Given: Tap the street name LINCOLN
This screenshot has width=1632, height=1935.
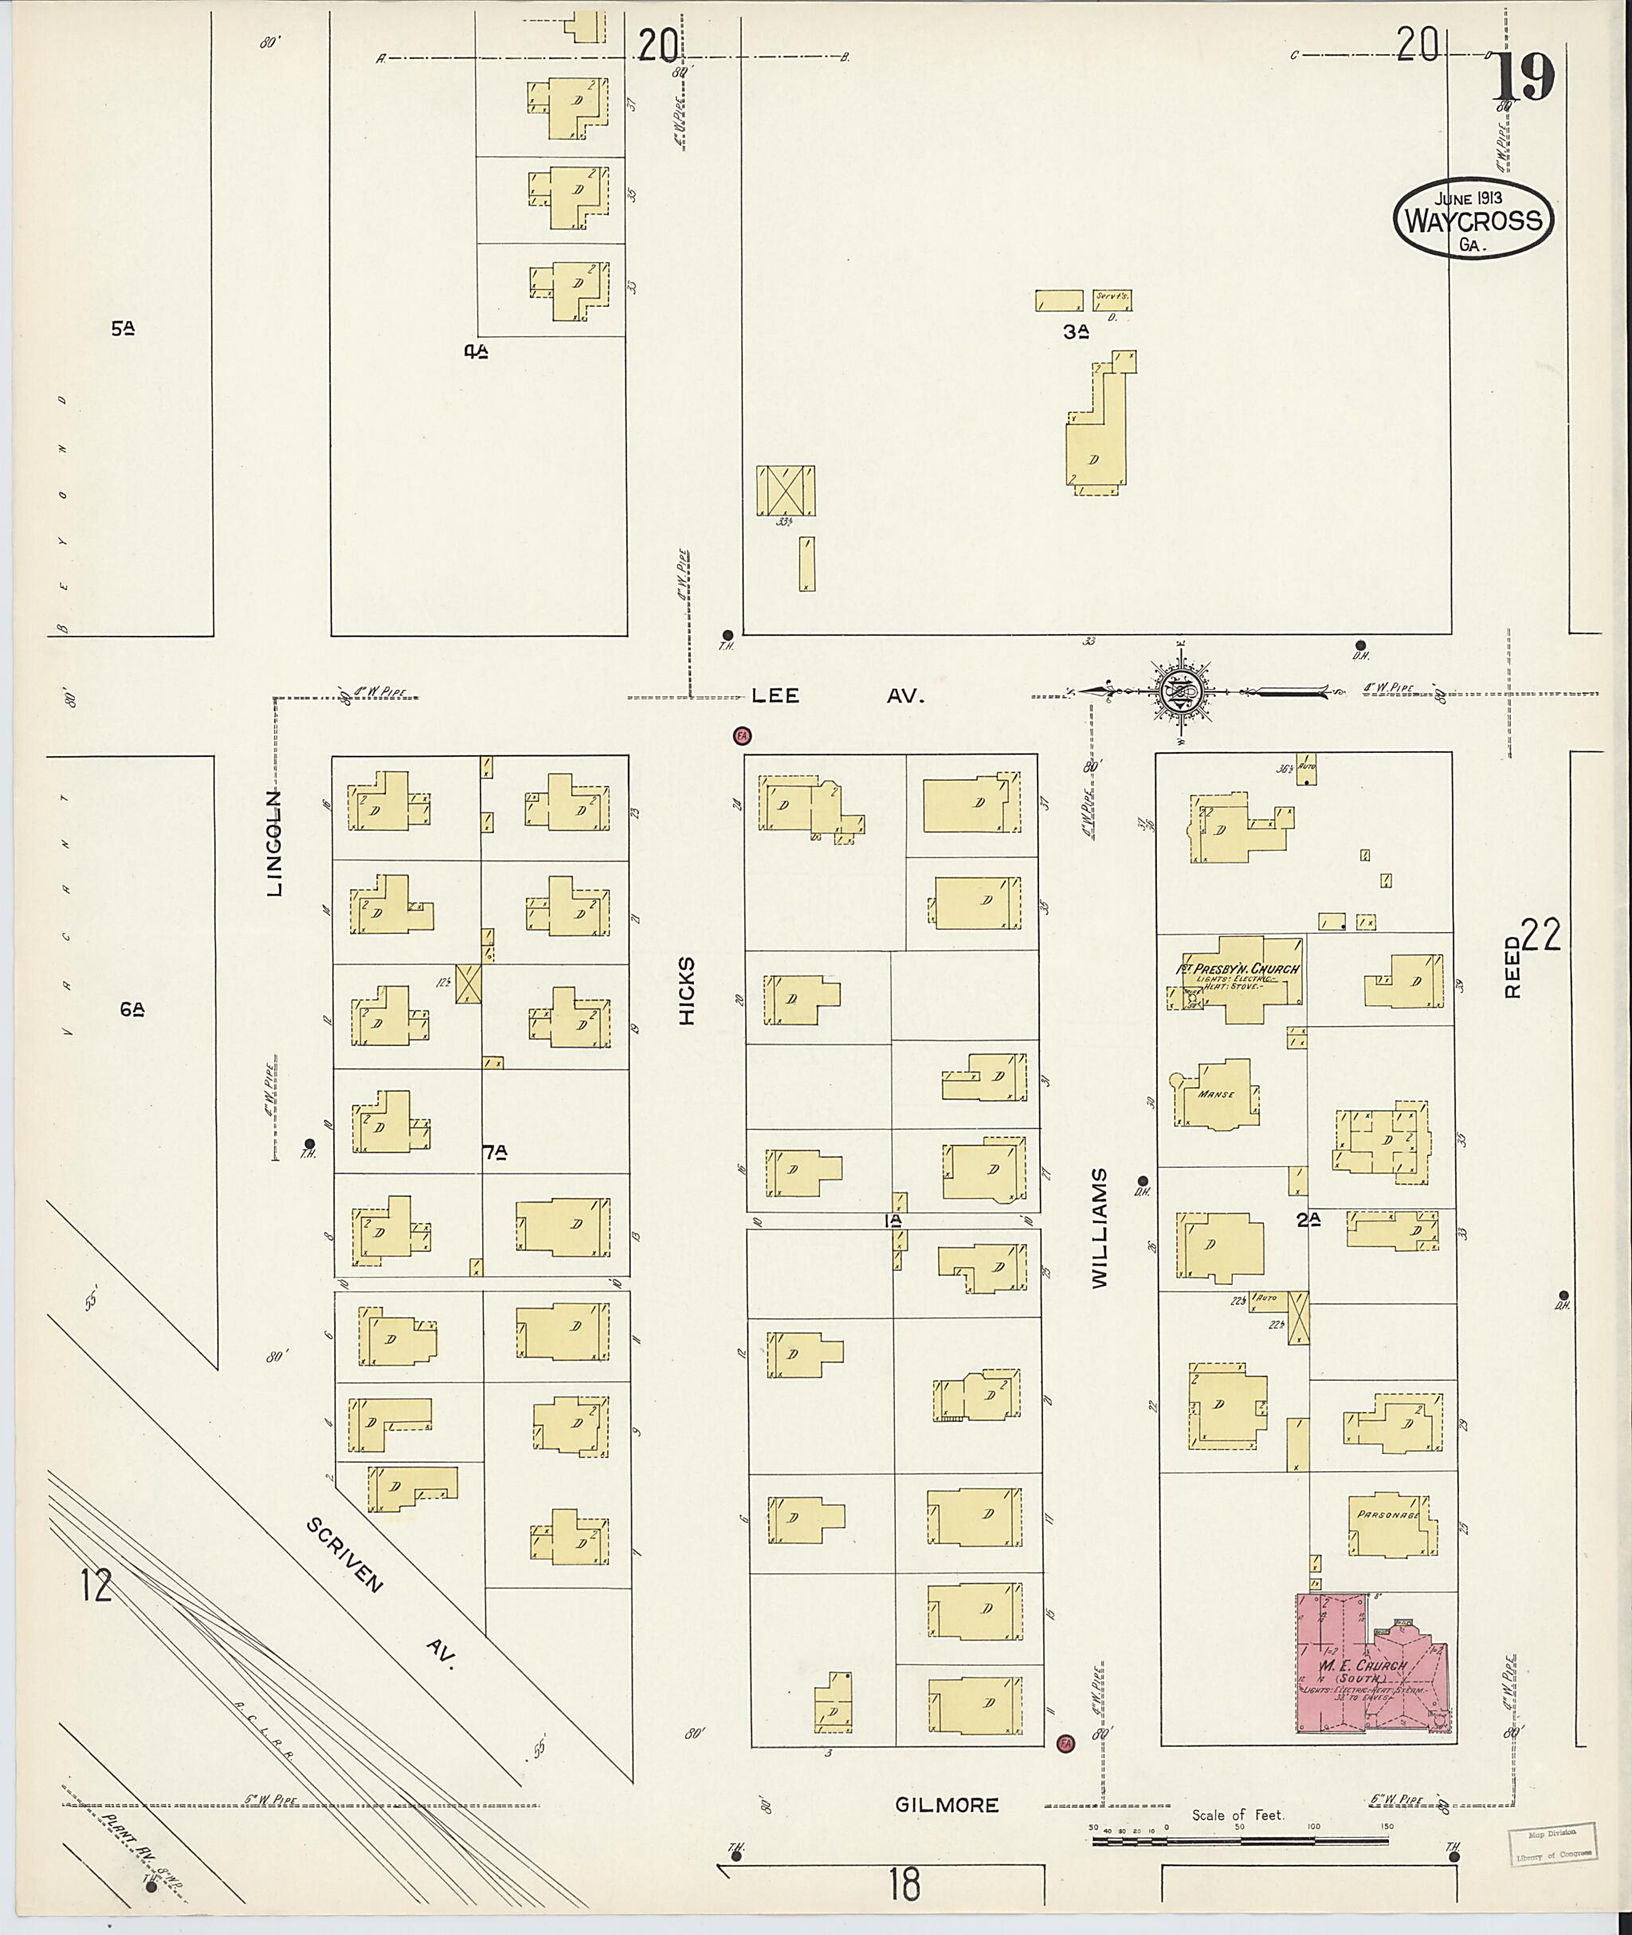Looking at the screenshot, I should tap(275, 843).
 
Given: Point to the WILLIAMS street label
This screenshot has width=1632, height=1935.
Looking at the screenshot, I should tap(1098, 1228).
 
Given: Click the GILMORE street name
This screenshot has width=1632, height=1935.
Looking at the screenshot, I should tap(947, 1804).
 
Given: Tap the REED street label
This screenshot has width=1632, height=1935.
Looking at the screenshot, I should tap(1512, 967).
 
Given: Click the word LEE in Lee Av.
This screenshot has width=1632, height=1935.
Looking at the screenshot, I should tap(775, 696).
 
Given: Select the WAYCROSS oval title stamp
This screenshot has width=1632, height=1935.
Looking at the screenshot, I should tap(1473, 219).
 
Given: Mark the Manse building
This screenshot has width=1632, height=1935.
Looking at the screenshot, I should tap(1217, 1095).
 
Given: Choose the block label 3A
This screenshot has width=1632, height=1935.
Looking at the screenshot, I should tap(1074, 332).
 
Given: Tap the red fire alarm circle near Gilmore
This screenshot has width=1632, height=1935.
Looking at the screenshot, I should tap(1065, 1744).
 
